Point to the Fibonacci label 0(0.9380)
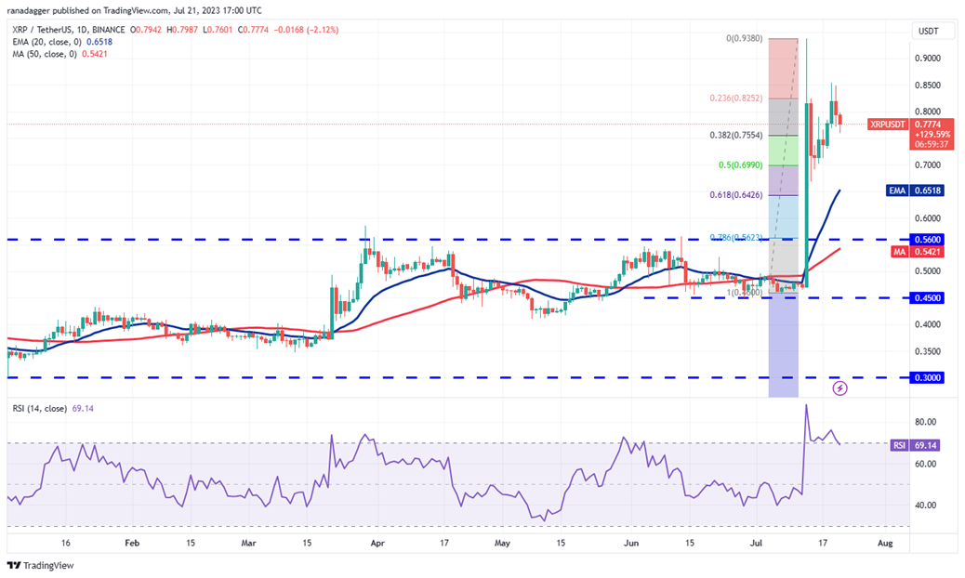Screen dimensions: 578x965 tap(745, 39)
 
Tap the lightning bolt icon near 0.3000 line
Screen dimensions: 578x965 tap(839, 388)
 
